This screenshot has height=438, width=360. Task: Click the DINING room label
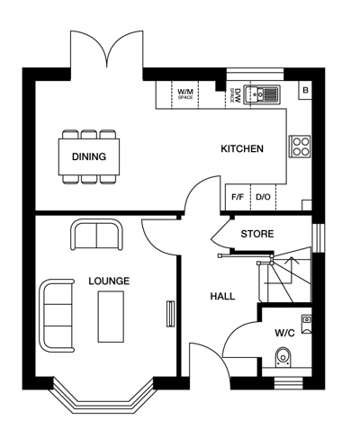89,156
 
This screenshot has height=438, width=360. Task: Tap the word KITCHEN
242,148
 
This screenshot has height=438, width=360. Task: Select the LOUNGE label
109,281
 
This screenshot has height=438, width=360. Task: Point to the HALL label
222,297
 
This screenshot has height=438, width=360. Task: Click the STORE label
257,234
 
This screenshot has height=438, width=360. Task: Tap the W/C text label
285,333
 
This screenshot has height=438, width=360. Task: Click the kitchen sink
262,94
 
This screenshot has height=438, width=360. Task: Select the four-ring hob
300,147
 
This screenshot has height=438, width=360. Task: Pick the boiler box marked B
305,90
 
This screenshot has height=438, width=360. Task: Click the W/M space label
185,94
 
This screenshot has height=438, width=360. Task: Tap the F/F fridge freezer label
238,197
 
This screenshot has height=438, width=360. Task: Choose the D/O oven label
263,197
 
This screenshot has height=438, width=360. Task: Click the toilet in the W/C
283,357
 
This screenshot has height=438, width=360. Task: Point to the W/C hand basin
307,324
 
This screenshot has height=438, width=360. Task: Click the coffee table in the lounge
111,317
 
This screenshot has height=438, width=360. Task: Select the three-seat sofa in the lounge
57,316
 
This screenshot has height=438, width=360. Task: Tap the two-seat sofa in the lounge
96,235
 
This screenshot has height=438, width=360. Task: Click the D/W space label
236,95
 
